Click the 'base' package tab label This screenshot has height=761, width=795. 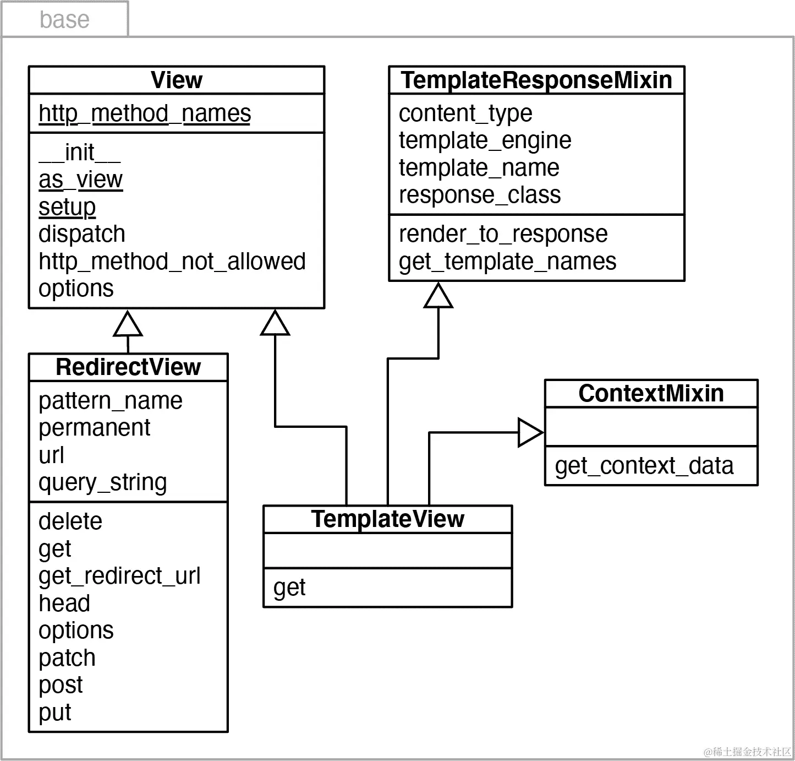pyautogui.click(x=64, y=20)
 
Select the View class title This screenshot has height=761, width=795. pyautogui.click(x=177, y=80)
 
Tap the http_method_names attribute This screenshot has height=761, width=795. pyautogui.click(x=145, y=114)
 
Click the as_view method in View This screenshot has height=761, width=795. pyautogui.click(x=80, y=180)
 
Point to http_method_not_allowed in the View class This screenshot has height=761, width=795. pyautogui.click(x=172, y=262)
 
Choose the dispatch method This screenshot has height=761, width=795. pyautogui.click(x=82, y=234)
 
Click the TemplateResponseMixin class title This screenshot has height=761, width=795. pyautogui.click(x=536, y=80)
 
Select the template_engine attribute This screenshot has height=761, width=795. pyautogui.click(x=485, y=140)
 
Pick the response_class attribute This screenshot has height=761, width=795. pyautogui.click(x=479, y=195)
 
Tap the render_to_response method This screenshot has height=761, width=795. pyautogui.click(x=503, y=234)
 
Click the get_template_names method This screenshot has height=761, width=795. pyautogui.click(x=507, y=262)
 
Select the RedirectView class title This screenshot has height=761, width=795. pyautogui.click(x=128, y=367)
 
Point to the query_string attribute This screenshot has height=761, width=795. pyautogui.click(x=102, y=482)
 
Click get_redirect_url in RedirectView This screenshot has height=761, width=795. pyautogui.click(x=119, y=576)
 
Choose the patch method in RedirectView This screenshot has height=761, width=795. pyautogui.click(x=67, y=658)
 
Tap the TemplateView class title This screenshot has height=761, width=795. pyautogui.click(x=387, y=519)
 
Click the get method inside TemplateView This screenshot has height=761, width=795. pyautogui.click(x=289, y=588)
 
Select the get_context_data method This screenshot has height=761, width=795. pyautogui.click(x=644, y=466)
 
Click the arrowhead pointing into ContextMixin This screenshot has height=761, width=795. pyautogui.click(x=530, y=433)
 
